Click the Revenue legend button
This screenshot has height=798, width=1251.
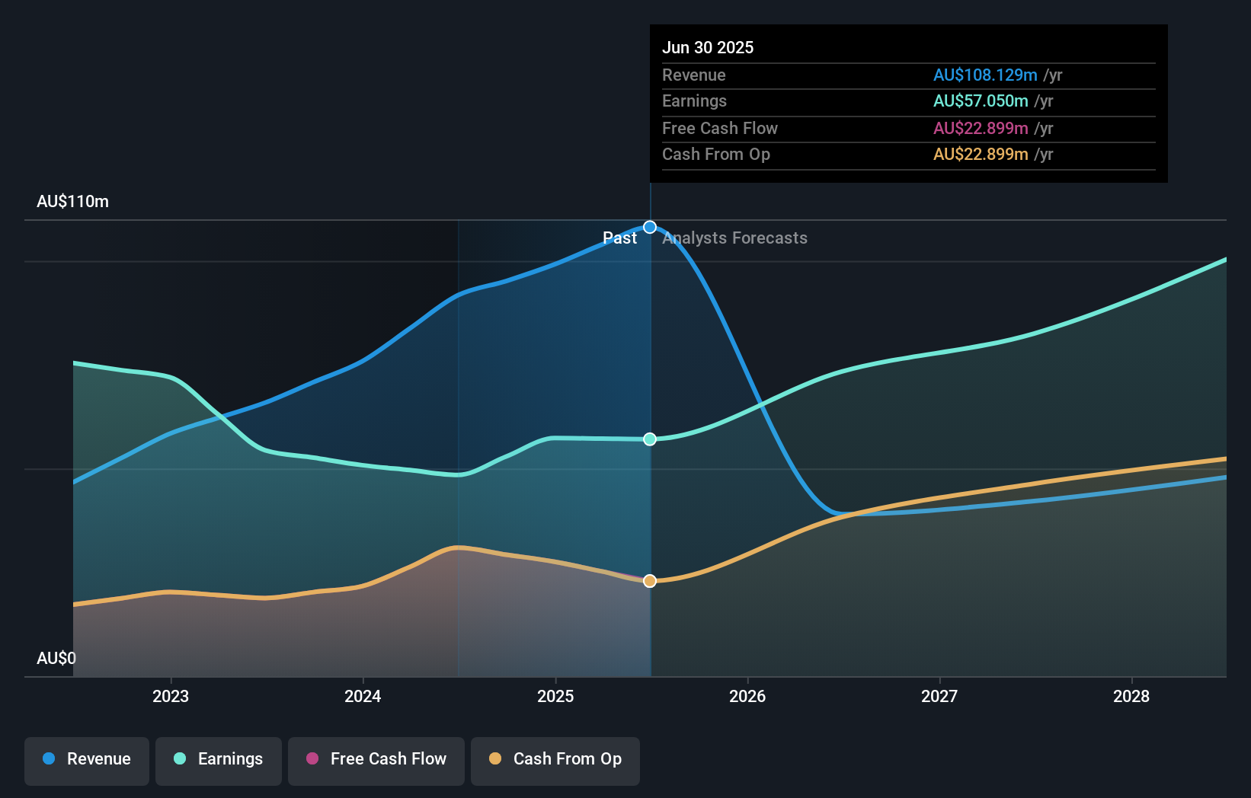coord(87,759)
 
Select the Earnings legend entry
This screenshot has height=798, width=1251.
coord(219,759)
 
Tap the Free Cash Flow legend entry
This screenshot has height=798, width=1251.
coord(376,759)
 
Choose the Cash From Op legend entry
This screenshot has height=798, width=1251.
coord(555,759)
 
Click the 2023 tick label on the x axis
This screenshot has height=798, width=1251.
coord(171,696)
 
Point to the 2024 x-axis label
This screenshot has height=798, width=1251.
coord(363,696)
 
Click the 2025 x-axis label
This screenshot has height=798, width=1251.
coord(555,696)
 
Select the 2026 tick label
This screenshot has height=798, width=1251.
coord(747,696)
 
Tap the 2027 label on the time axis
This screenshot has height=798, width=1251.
coord(939,696)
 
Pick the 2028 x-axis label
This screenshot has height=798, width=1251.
coord(1131,696)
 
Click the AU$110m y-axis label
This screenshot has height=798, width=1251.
coord(72,202)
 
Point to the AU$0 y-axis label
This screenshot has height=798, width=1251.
coord(56,658)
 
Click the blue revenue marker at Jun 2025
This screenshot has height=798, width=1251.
coord(650,227)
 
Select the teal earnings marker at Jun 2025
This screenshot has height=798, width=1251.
coord(650,439)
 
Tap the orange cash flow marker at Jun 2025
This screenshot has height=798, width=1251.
coord(650,581)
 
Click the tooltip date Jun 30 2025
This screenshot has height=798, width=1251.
coord(708,47)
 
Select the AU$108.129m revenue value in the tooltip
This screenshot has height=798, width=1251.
coord(985,75)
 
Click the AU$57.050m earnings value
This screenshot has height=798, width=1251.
coord(981,101)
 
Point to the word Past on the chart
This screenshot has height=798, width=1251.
coord(619,238)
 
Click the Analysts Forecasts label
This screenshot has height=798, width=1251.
coord(734,238)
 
